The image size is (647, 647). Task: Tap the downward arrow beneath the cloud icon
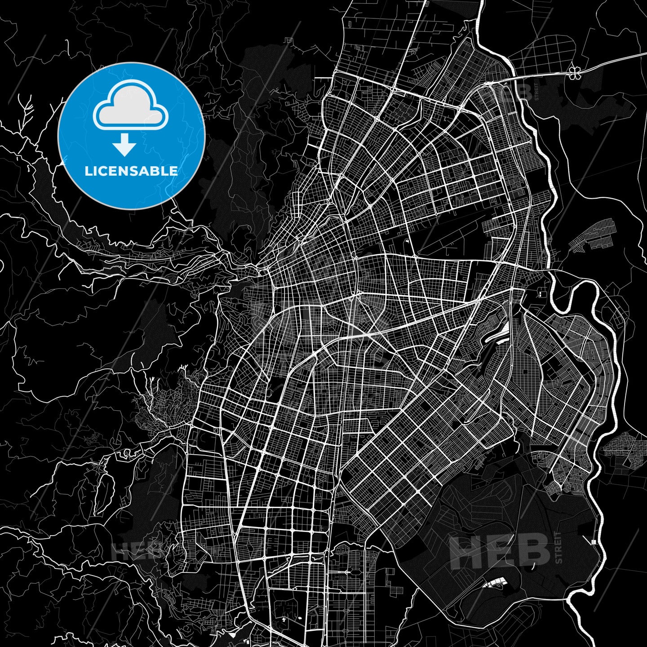click(x=124, y=145)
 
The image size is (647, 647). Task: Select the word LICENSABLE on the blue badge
click(x=131, y=171)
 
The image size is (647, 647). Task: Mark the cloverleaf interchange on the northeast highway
click(x=574, y=72)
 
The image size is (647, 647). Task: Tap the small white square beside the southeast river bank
click(x=594, y=542)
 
